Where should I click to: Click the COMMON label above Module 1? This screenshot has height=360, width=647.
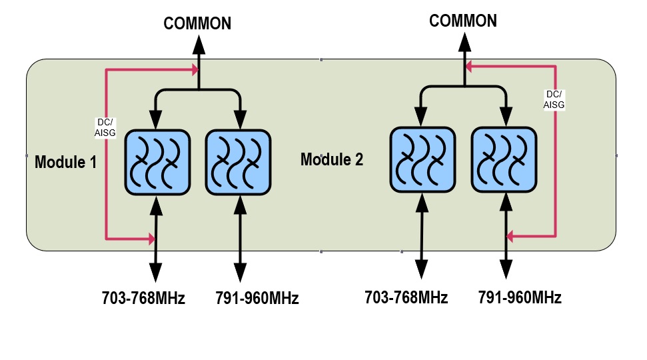tap(198, 23)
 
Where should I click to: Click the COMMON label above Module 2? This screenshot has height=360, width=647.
tap(463, 21)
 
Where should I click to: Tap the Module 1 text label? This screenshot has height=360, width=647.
tap(65, 161)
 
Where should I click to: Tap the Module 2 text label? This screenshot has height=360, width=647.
tap(331, 159)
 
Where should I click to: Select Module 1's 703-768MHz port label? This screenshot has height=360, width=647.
tap(143, 298)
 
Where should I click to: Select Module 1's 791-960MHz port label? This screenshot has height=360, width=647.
tap(257, 298)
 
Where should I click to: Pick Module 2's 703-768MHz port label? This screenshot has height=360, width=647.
tap(406, 297)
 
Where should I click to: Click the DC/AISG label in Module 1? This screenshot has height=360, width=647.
tap(105, 127)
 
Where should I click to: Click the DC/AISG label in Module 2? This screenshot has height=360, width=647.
tap(553, 99)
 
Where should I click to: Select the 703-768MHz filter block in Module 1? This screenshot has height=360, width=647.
tap(157, 163)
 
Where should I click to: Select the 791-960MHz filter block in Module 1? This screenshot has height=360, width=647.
tap(238, 163)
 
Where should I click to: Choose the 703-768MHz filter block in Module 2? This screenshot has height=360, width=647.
tap(422, 159)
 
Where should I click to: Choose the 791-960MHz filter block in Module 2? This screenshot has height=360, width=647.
tap(504, 159)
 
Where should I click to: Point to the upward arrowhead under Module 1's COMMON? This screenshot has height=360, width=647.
tap(198, 45)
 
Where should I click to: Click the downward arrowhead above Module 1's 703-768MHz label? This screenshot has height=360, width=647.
tap(155, 272)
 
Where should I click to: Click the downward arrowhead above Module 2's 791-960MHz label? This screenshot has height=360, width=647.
tap(506, 269)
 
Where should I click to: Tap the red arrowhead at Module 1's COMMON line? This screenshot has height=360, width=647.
tap(195, 69)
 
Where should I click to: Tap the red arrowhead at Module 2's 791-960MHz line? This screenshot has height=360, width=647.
tap(510, 236)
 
